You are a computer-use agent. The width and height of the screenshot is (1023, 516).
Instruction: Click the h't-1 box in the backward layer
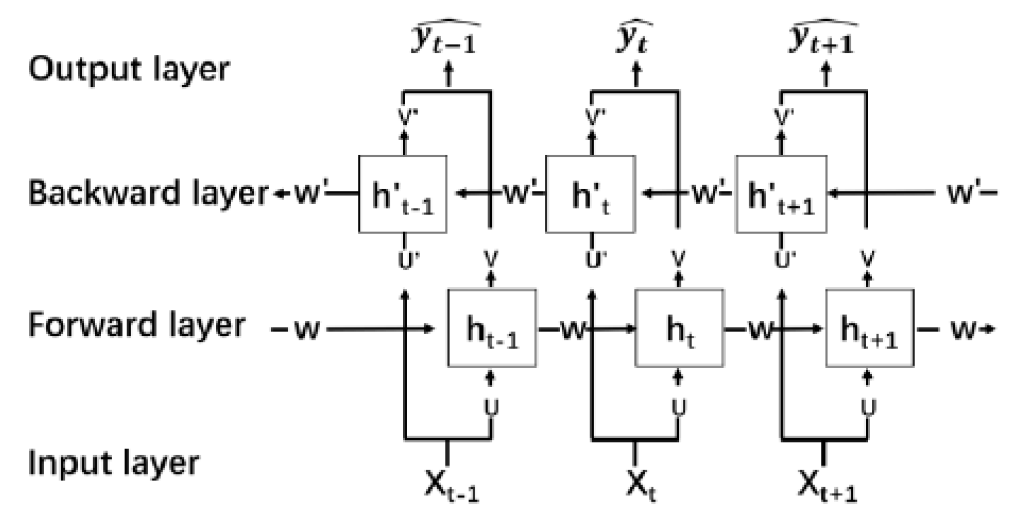(x=402, y=194)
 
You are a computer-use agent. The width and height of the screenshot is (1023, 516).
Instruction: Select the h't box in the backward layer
(x=590, y=194)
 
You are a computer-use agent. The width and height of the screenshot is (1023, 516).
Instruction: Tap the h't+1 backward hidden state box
(x=781, y=194)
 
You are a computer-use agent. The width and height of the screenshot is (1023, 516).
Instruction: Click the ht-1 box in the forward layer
(x=492, y=328)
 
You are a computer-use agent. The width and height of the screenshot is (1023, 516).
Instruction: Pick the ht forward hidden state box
(x=679, y=328)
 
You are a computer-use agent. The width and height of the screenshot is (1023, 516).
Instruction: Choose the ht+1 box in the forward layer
(x=870, y=328)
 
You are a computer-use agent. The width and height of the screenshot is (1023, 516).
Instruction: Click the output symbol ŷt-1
(x=445, y=38)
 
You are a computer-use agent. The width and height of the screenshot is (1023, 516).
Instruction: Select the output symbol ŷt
(x=634, y=38)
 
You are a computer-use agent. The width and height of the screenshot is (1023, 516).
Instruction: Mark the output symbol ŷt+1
(x=822, y=38)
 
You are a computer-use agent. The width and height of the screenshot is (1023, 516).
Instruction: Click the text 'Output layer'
(x=129, y=69)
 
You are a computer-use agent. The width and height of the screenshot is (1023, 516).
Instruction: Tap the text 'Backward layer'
(x=148, y=193)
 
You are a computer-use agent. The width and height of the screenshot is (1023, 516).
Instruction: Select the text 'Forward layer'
(x=137, y=325)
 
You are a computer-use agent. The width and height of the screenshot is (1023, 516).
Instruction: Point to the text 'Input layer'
(x=113, y=463)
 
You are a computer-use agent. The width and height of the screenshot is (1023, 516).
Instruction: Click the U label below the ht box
(x=678, y=408)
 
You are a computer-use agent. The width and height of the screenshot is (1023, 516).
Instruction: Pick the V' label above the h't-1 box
(x=404, y=117)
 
